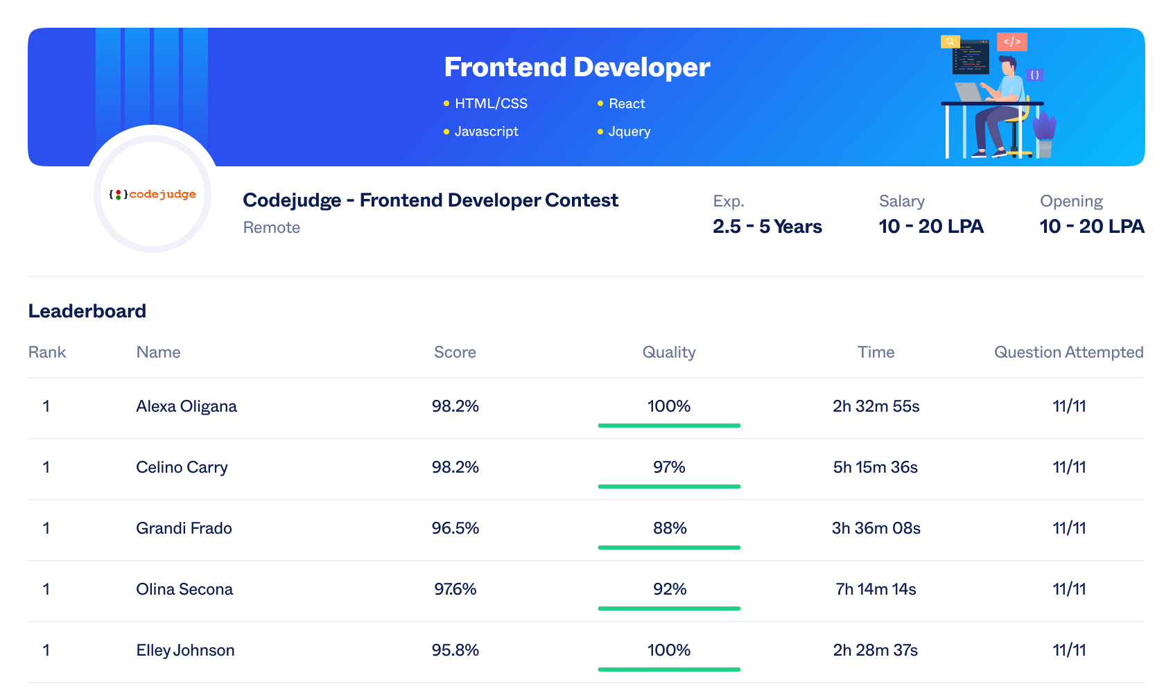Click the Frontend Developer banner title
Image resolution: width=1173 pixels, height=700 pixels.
pyautogui.click(x=577, y=67)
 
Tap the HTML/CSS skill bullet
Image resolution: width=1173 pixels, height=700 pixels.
pyautogui.click(x=490, y=103)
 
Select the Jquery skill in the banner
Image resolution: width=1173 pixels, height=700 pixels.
pyautogui.click(x=629, y=131)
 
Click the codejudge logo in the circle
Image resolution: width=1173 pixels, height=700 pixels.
pyautogui.click(x=153, y=194)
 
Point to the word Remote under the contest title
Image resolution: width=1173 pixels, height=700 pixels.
pyautogui.click(x=271, y=227)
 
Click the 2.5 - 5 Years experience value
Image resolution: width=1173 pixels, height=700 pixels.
pyautogui.click(x=767, y=227)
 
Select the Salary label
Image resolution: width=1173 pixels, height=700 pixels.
pyautogui.click(x=901, y=201)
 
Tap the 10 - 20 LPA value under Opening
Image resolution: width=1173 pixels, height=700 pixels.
pyautogui.click(x=1091, y=227)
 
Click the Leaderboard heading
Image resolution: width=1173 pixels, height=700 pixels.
pyautogui.click(x=87, y=311)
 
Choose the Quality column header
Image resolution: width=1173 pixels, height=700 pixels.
pyautogui.click(x=668, y=352)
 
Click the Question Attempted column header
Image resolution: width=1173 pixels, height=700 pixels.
pyautogui.click(x=1068, y=352)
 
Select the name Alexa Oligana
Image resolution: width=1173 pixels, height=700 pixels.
pyautogui.click(x=186, y=406)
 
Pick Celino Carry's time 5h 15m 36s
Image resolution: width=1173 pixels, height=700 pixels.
pyautogui.click(x=875, y=467)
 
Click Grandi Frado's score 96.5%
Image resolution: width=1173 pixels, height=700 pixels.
pyautogui.click(x=455, y=528)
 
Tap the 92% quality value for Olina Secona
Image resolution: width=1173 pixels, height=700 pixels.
pyautogui.click(x=669, y=589)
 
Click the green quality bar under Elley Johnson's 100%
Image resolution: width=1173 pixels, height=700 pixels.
pyautogui.click(x=669, y=670)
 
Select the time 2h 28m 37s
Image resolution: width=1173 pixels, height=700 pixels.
pyautogui.click(x=875, y=650)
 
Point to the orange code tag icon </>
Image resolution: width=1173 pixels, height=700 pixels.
pyautogui.click(x=1011, y=42)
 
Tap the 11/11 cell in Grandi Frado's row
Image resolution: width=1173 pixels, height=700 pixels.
pyautogui.click(x=1068, y=528)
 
